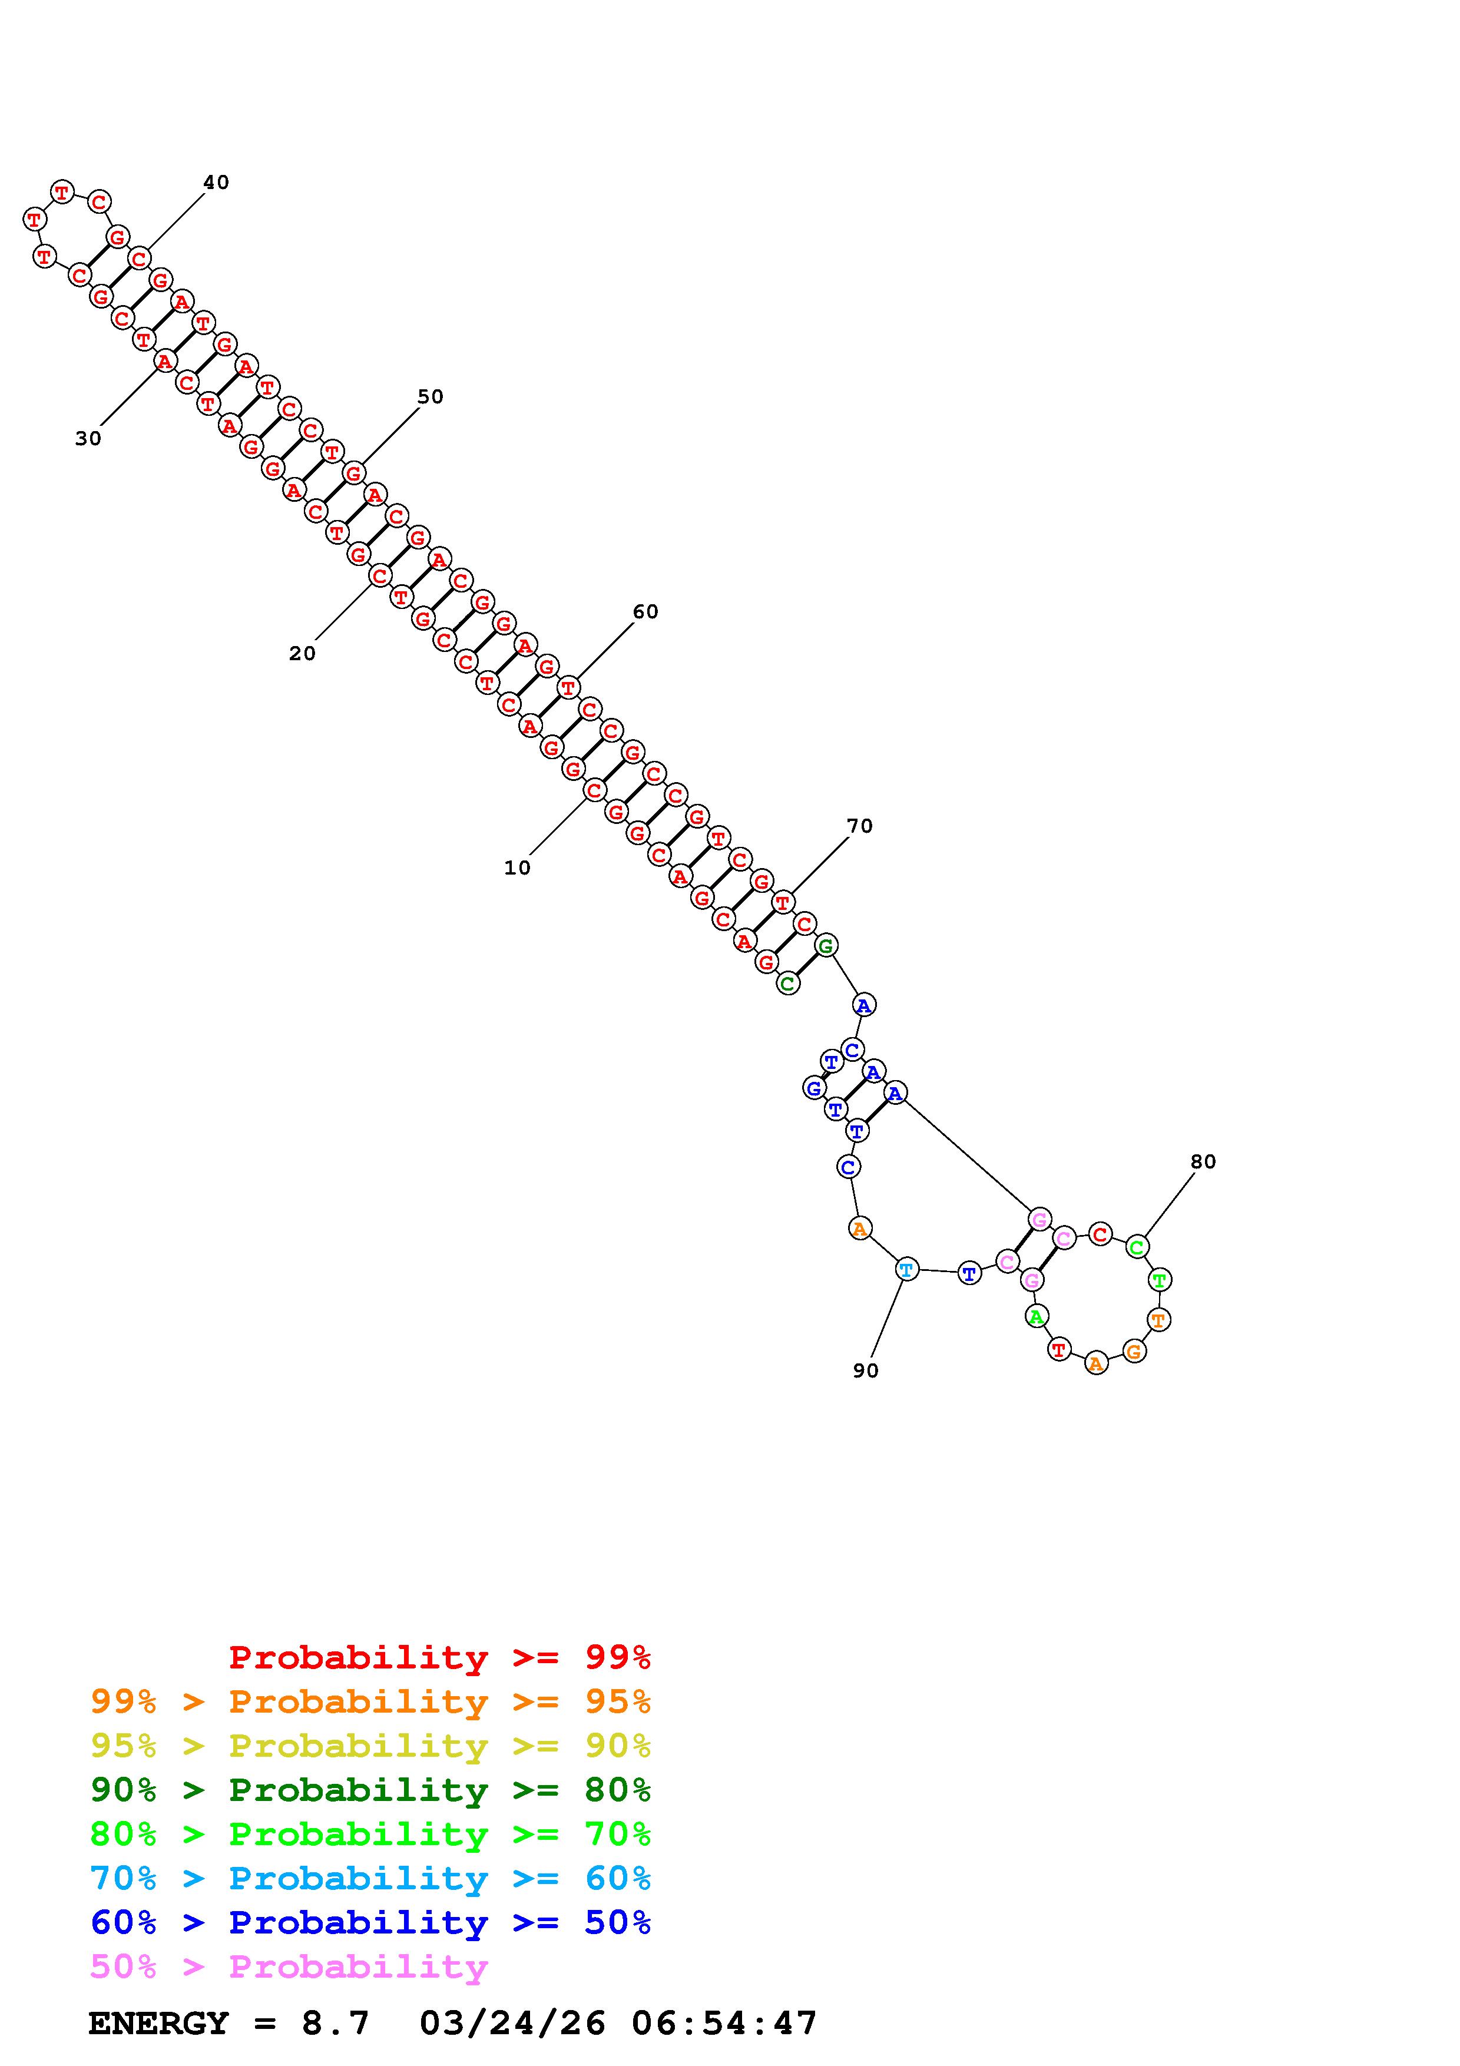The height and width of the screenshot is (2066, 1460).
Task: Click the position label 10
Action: click(x=517, y=868)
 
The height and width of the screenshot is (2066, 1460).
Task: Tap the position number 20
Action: click(x=302, y=653)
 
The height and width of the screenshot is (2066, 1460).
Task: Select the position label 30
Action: click(x=88, y=438)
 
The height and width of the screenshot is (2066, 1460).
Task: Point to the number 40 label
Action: click(x=216, y=182)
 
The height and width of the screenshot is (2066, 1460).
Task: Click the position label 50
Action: click(x=430, y=397)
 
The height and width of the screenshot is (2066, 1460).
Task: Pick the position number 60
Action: click(x=645, y=612)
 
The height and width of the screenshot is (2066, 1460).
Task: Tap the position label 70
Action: click(x=859, y=826)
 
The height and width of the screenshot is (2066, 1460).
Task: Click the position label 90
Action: click(x=865, y=1370)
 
